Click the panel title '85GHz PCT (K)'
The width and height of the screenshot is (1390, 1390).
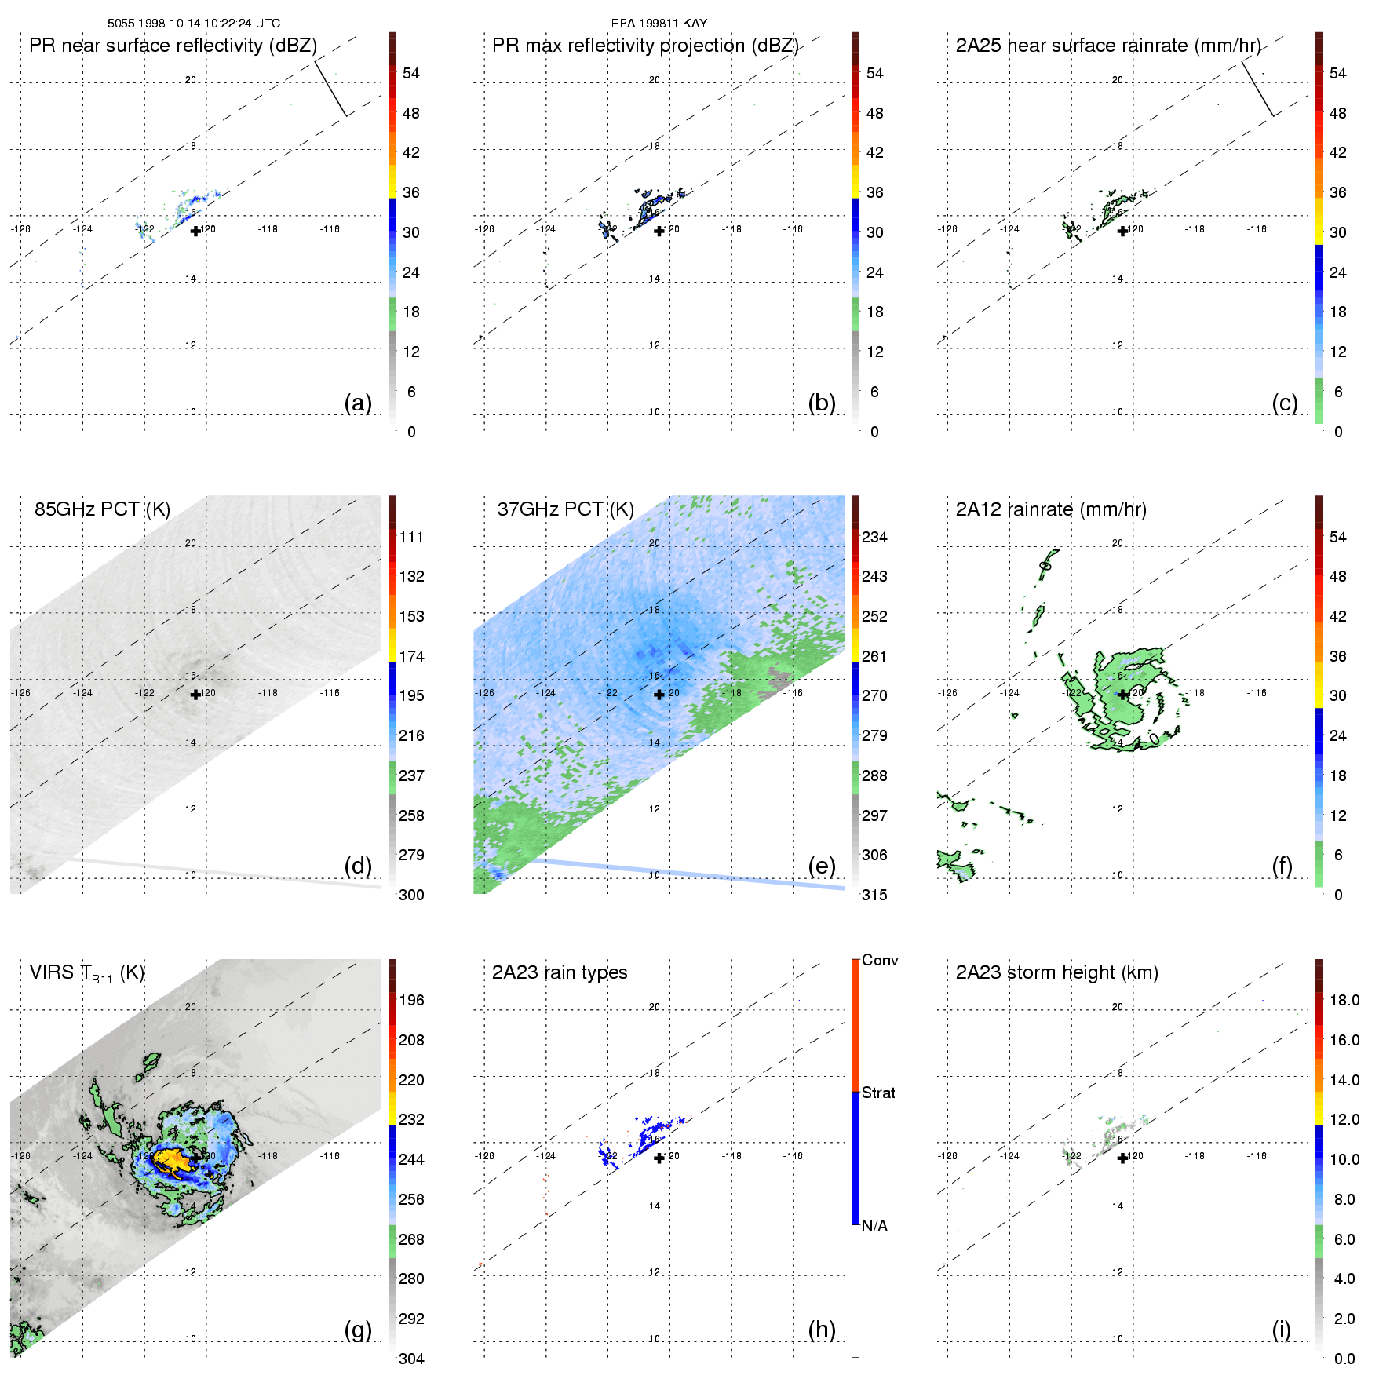[102, 509]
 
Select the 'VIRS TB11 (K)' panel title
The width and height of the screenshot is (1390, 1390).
[86, 973]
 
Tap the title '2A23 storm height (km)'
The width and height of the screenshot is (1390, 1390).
[1056, 972]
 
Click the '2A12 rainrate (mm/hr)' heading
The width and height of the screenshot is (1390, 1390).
[1051, 509]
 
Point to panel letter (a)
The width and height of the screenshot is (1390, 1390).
[358, 403]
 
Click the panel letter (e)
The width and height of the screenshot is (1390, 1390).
[821, 866]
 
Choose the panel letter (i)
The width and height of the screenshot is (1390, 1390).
[1281, 1329]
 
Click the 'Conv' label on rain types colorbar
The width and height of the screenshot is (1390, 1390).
[880, 960]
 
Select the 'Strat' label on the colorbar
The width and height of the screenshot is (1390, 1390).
[878, 1093]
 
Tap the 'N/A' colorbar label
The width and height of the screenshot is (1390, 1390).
[874, 1226]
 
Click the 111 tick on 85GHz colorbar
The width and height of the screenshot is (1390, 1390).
[411, 537]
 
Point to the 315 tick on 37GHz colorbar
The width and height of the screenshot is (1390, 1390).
[874, 895]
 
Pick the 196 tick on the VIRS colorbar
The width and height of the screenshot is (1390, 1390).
[411, 1000]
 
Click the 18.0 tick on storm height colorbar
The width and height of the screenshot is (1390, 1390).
[1344, 1000]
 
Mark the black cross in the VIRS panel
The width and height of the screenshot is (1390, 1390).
[195, 1158]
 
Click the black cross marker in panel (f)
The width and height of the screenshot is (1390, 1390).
[1122, 695]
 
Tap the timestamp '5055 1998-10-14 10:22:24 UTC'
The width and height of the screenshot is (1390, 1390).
[193, 24]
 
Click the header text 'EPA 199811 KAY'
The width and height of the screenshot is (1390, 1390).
[659, 24]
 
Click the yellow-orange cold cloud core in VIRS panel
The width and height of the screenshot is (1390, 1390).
[174, 1160]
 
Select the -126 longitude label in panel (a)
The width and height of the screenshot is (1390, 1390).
[20, 229]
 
